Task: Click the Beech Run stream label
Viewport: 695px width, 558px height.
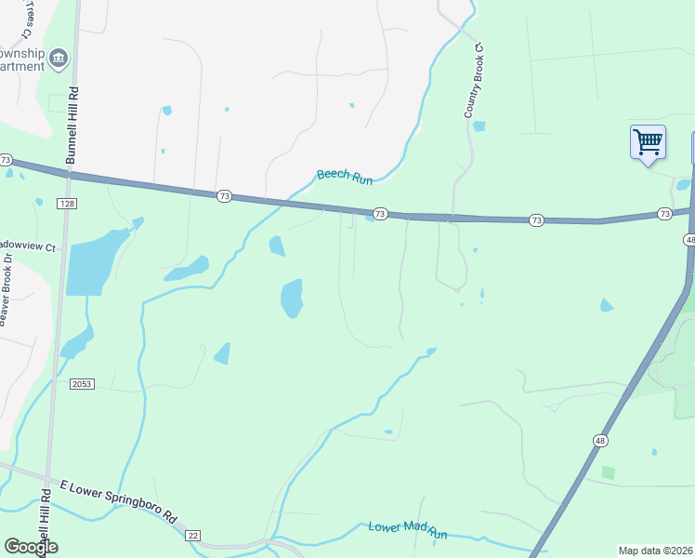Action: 345,174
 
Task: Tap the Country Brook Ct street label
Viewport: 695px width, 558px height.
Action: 474,81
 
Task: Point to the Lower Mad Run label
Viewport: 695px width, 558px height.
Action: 408,529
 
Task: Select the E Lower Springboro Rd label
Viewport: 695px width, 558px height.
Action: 118,500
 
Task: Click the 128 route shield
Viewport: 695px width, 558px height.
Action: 71,203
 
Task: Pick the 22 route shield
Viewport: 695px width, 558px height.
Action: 193,535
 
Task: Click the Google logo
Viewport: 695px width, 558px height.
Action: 31,547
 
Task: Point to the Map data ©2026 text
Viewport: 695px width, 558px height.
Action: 655,551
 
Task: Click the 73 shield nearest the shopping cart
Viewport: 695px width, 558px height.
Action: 663,214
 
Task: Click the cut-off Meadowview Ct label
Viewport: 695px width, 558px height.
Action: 28,246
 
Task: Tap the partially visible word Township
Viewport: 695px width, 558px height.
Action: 22,53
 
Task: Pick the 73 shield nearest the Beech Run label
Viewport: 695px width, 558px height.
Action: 379,213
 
